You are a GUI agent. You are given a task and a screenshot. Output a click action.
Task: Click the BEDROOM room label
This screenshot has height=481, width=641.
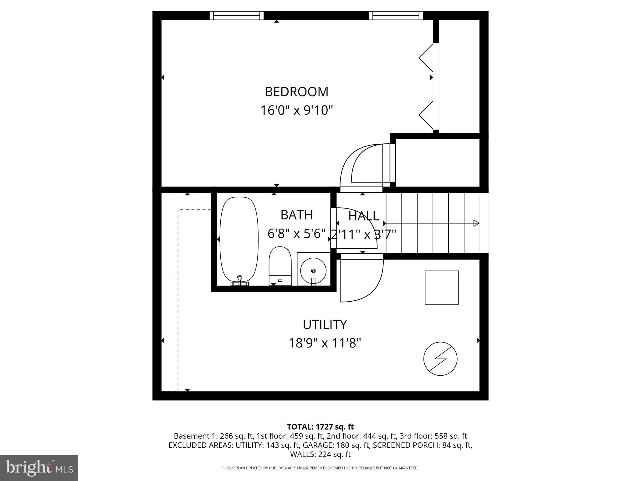(x=296, y=92)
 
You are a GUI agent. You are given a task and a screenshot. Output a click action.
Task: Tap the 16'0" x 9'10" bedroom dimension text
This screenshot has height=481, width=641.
(x=296, y=110)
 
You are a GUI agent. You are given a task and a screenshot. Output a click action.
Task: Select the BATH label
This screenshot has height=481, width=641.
(x=296, y=215)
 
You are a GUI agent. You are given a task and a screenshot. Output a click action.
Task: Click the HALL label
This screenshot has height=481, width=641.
(x=363, y=216)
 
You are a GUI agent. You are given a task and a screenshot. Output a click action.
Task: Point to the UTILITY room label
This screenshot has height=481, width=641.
(x=325, y=324)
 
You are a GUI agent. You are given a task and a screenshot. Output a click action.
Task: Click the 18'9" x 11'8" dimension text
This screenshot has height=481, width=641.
(x=325, y=343)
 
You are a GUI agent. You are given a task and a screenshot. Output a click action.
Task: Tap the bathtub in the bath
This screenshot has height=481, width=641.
(x=239, y=240)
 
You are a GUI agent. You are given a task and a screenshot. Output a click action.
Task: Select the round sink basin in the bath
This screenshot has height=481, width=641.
(x=313, y=270)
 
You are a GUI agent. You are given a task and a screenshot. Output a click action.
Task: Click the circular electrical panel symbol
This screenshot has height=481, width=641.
(x=440, y=359)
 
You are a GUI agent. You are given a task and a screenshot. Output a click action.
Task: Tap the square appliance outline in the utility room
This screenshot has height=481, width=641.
(x=442, y=287)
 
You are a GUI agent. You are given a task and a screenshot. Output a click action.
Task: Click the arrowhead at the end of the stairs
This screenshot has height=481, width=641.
(x=476, y=223)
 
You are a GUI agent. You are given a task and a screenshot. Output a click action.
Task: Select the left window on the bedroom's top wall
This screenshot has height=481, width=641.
(x=236, y=15)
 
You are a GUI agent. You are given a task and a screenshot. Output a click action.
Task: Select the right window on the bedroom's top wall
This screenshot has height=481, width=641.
(x=396, y=15)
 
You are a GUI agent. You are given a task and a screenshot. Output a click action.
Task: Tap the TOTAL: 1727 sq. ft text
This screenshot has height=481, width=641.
(x=320, y=427)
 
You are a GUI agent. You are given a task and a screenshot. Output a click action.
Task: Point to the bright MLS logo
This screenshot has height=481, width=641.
(x=39, y=468)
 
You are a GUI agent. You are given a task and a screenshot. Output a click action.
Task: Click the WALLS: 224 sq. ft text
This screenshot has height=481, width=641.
(x=320, y=454)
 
